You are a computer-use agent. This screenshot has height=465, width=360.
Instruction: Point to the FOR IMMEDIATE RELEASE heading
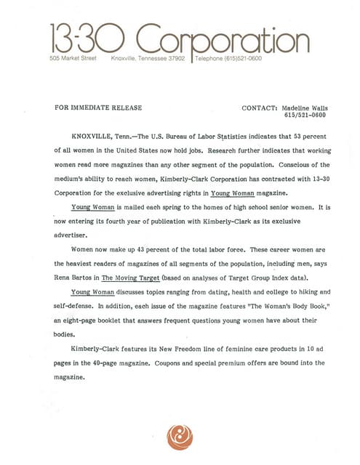[x=98, y=108]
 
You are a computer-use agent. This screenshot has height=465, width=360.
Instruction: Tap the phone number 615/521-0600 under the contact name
[x=305, y=116]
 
